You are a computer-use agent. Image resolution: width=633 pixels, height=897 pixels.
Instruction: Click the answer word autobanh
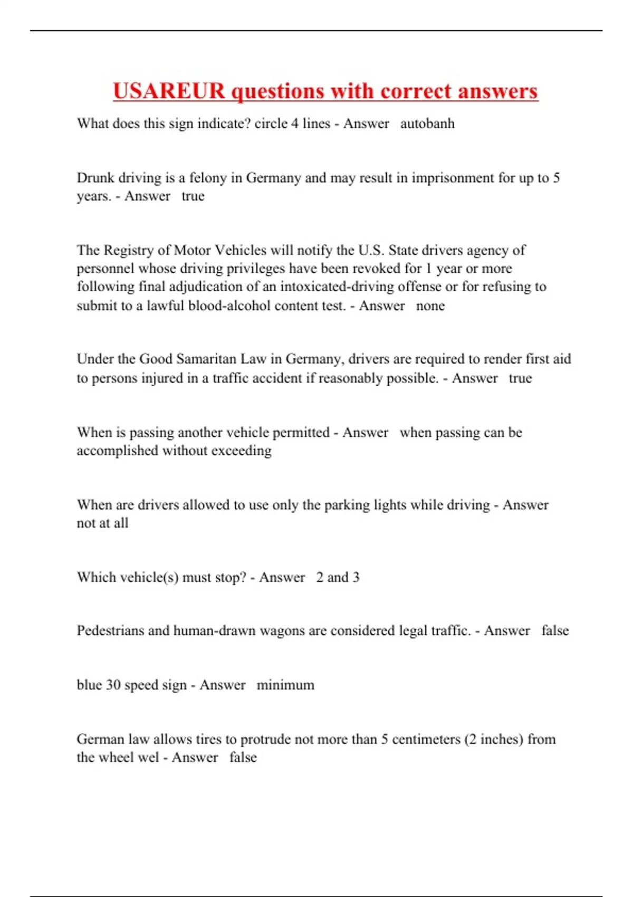coord(427,123)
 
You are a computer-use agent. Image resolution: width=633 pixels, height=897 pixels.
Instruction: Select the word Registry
coord(132,250)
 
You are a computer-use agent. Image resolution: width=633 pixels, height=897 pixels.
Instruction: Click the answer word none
coord(430,306)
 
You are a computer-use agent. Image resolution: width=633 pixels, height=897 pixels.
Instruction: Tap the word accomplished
coord(118,451)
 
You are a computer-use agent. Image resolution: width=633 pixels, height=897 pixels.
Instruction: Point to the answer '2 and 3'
coord(338,577)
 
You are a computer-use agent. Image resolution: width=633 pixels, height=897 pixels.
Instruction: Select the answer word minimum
coord(285,685)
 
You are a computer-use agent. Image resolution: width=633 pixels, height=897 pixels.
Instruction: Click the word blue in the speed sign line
coord(89,685)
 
